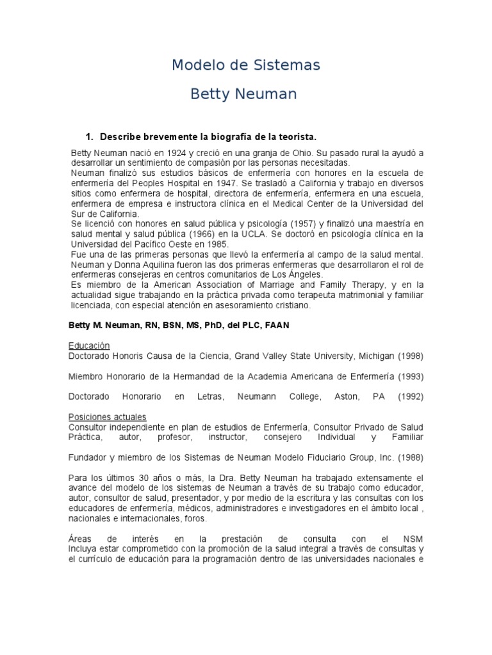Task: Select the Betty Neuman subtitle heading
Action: (x=243, y=95)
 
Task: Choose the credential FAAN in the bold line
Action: (x=275, y=325)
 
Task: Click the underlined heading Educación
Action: (x=90, y=346)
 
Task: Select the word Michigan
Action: (x=377, y=356)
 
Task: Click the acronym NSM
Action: (x=413, y=539)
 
